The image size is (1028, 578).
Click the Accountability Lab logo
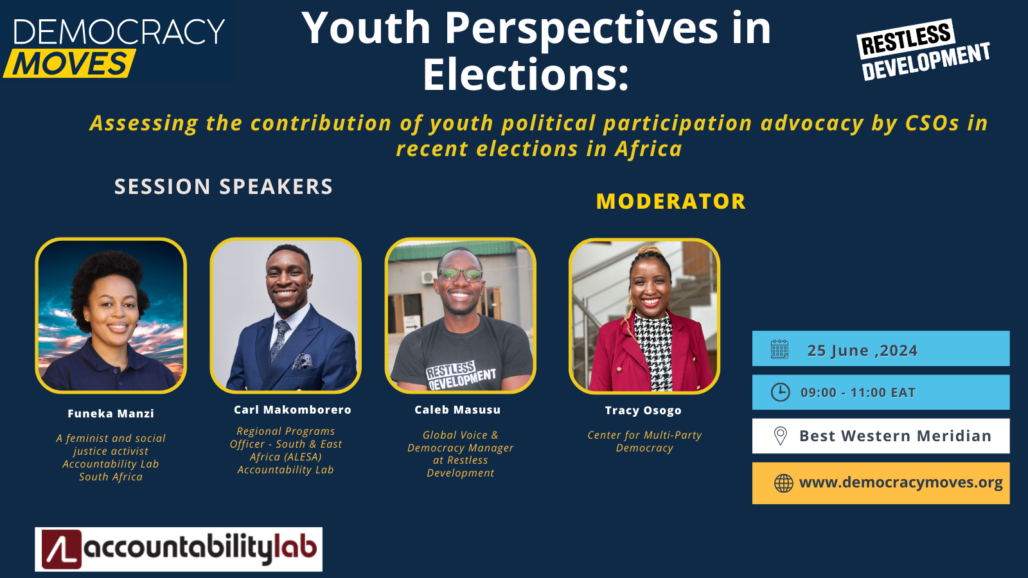click(x=179, y=549)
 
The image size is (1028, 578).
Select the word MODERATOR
click(x=671, y=202)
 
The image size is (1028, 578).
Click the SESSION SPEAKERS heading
click(x=224, y=186)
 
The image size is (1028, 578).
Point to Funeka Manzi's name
click(x=111, y=414)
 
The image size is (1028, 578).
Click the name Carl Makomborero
click(x=292, y=410)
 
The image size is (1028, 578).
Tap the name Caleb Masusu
click(x=457, y=410)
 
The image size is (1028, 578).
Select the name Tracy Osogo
click(x=643, y=410)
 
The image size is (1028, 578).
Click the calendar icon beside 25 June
click(x=779, y=349)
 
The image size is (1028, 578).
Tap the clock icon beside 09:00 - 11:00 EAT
click(x=780, y=392)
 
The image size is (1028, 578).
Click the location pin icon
click(x=780, y=436)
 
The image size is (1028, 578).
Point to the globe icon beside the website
click(x=783, y=483)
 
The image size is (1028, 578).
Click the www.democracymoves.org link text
click(x=901, y=482)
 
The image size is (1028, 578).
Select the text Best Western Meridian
click(x=895, y=436)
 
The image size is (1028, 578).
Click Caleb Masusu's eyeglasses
click(x=460, y=275)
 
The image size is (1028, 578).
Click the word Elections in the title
click(x=525, y=75)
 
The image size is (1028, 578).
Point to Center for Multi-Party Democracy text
click(x=644, y=441)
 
